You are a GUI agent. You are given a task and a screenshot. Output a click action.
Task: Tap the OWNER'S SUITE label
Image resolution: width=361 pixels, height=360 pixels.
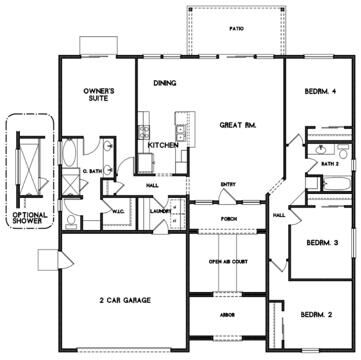pyautogui.click(x=100, y=95)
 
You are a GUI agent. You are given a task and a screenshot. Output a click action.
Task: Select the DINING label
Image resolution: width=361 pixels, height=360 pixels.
pyautogui.click(x=165, y=84)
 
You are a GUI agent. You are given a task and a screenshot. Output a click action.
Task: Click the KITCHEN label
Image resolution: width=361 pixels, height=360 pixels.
pyautogui.click(x=163, y=145)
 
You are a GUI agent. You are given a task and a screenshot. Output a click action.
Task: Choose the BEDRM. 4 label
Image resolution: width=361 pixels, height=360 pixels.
pyautogui.click(x=321, y=93)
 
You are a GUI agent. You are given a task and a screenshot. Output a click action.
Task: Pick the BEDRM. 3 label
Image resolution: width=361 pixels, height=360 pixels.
pyautogui.click(x=320, y=242)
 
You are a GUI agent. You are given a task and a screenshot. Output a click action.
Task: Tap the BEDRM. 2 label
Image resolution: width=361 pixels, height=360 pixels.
pyautogui.click(x=317, y=315)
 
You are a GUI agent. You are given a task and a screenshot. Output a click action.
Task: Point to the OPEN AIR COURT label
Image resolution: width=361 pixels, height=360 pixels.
pyautogui.click(x=228, y=261)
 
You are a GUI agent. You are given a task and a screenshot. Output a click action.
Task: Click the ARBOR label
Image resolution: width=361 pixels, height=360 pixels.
pyautogui.click(x=228, y=313)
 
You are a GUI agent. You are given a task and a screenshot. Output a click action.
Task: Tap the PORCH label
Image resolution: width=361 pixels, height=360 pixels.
pyautogui.click(x=228, y=222)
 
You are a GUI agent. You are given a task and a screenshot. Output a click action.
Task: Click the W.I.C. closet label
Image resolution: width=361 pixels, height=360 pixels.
pyautogui.click(x=117, y=210)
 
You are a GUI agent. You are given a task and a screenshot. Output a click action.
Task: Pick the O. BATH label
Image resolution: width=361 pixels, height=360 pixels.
pyautogui.click(x=93, y=172)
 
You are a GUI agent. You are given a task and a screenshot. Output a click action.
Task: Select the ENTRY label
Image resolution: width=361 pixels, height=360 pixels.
pyautogui.click(x=228, y=182)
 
